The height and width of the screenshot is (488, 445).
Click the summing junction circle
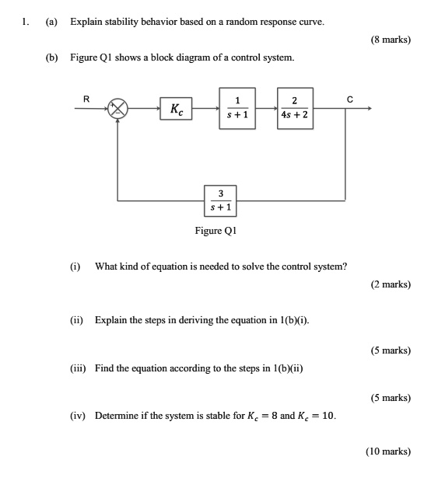tap(117, 110)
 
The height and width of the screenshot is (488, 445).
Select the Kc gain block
tap(177, 110)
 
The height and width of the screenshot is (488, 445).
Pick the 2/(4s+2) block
tap(294, 109)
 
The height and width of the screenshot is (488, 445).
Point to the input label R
tap(86, 98)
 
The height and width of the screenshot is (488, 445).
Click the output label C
tap(350, 98)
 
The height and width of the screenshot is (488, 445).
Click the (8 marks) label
tap(391, 40)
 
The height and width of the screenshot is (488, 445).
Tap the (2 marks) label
tap(391, 284)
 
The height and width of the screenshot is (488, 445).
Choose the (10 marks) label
tap(389, 451)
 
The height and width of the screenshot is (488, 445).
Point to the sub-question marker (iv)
tap(76, 416)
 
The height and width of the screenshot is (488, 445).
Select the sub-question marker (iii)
tap(77, 368)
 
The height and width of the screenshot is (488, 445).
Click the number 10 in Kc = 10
tap(328, 416)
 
